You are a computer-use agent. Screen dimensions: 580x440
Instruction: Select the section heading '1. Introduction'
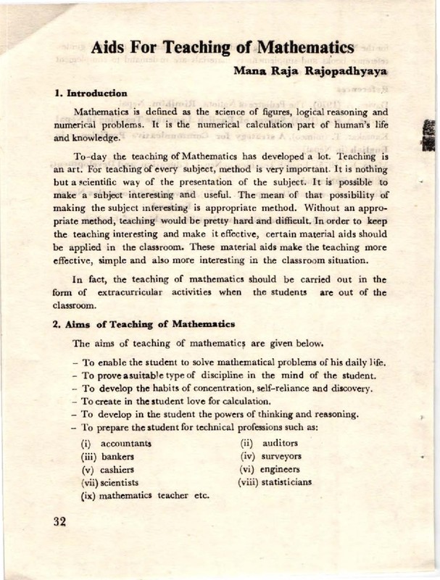click(x=91, y=94)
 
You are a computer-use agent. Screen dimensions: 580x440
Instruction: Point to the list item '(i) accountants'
click(x=116, y=443)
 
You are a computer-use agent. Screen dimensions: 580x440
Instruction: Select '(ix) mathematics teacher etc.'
click(x=145, y=497)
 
